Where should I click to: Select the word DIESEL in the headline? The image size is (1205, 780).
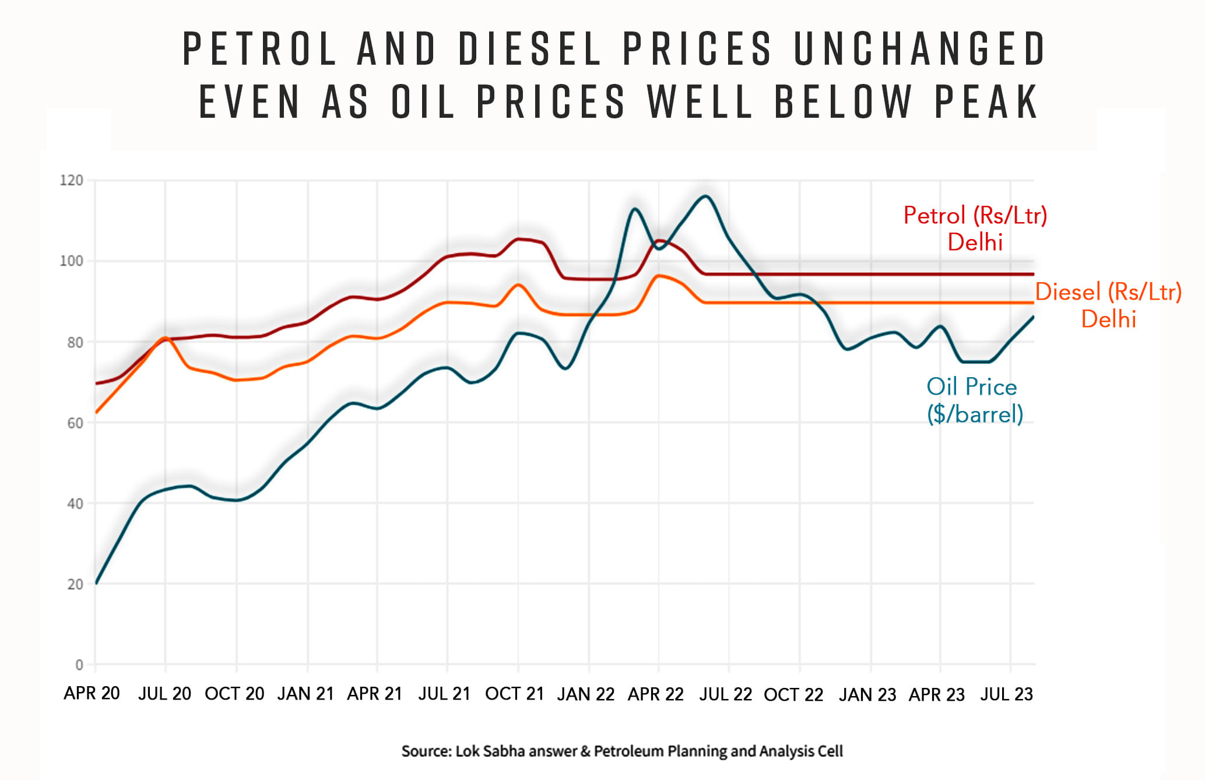click(x=530, y=48)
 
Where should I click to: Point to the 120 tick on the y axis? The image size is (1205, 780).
click(x=72, y=180)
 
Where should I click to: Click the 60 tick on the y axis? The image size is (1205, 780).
click(x=75, y=423)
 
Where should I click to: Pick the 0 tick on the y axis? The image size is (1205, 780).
click(x=79, y=665)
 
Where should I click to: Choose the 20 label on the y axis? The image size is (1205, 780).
click(x=75, y=584)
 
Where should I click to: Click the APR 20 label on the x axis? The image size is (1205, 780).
click(x=92, y=693)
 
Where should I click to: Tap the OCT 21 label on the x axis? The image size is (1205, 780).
click(x=514, y=694)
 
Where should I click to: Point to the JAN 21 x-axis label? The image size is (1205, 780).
click(x=305, y=694)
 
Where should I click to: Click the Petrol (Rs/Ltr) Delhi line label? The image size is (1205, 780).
click(x=975, y=229)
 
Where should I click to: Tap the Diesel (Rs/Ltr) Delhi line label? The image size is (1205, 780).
click(x=1108, y=305)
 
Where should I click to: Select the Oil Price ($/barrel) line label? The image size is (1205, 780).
click(x=975, y=400)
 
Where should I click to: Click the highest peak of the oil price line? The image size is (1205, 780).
click(x=705, y=196)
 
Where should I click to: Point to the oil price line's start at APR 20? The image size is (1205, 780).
click(x=96, y=583)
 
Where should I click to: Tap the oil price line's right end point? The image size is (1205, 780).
click(x=1034, y=317)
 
